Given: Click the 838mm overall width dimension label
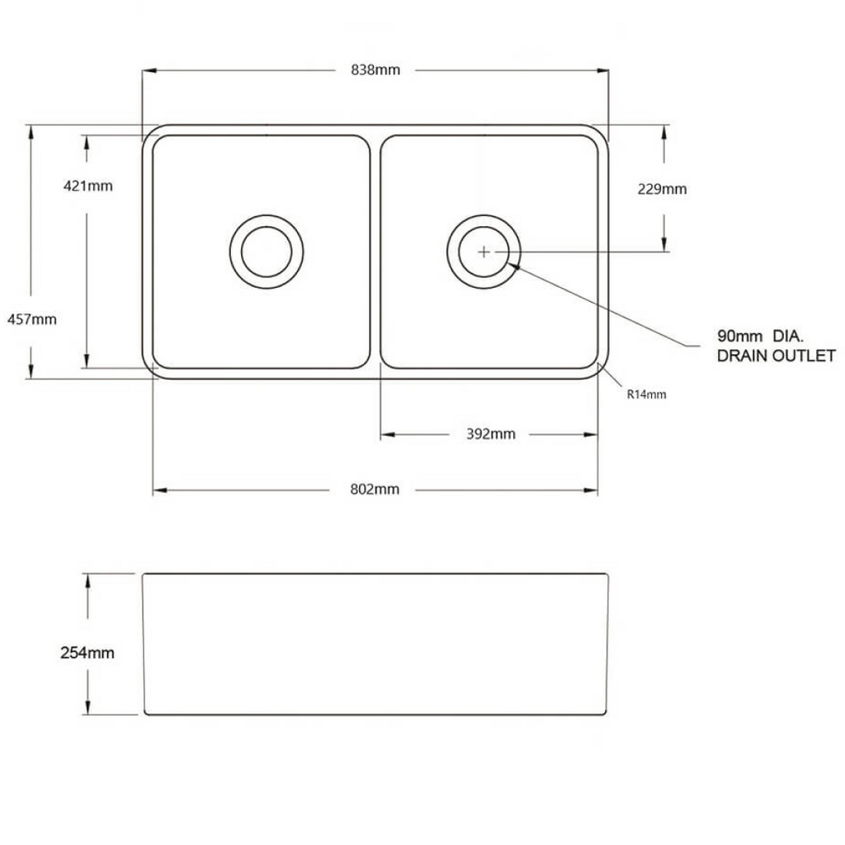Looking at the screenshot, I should tap(375, 70).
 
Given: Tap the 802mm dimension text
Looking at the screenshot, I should tap(375, 489).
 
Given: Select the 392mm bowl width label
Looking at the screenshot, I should tap(490, 434).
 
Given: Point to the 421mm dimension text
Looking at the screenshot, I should tap(87, 186).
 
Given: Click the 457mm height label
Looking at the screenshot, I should tap(31, 319).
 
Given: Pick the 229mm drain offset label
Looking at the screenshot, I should tap(662, 189).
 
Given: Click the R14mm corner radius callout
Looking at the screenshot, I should tap(646, 394).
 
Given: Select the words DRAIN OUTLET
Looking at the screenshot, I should tap(777, 356).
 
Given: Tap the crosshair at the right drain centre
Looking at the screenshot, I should tap(484, 251).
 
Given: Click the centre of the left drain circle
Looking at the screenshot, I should tap(267, 251).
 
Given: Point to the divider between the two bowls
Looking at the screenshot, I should tap(375, 251).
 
